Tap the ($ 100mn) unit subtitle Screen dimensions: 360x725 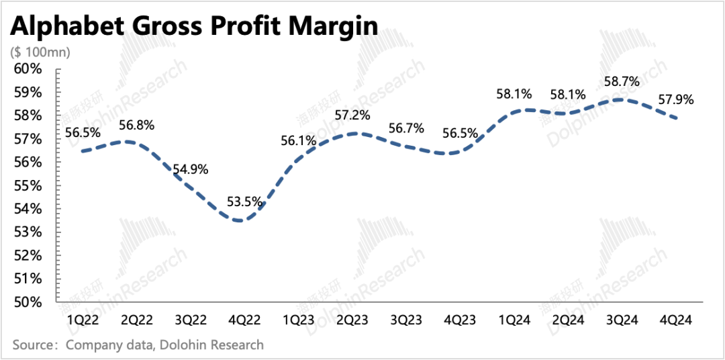tap(40, 52)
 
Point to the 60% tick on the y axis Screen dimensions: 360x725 tap(29, 69)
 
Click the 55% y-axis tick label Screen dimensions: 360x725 tap(29, 185)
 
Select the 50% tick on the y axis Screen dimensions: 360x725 tap(29, 302)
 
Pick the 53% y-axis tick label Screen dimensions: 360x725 tap(29, 232)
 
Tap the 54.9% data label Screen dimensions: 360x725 tap(191, 169)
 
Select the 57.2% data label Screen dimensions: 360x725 tap(353, 115)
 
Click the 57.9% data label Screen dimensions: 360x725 tap(675, 100)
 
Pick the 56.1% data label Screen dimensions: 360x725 tap(299, 140)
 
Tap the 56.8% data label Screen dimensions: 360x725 tap(137, 124)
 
